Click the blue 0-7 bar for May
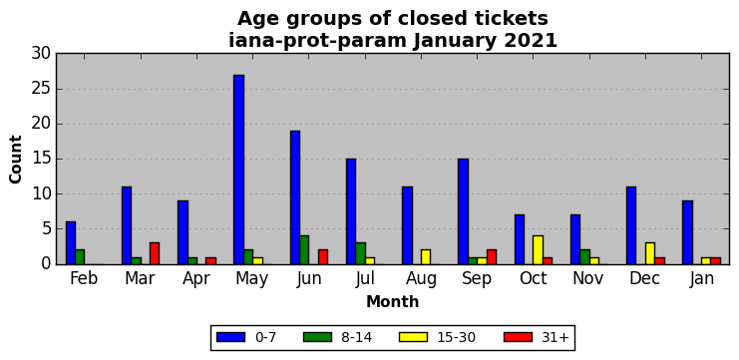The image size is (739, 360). [x=239, y=170]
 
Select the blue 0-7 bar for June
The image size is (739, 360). [x=295, y=197]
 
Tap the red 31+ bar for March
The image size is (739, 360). [x=155, y=253]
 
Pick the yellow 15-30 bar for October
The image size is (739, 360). [x=538, y=249]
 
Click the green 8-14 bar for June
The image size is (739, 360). [x=304, y=249]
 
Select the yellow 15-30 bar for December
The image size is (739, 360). [x=650, y=253]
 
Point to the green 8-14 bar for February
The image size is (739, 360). [x=80, y=257]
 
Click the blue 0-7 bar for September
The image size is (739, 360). [x=464, y=211]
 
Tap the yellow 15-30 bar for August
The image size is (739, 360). [x=426, y=257]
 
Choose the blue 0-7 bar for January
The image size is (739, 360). [x=687, y=232]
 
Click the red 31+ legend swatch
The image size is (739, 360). [x=518, y=337]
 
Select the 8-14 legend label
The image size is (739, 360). [x=357, y=337]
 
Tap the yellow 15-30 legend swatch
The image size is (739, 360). [x=413, y=337]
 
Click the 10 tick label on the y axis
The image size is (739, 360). [x=42, y=194]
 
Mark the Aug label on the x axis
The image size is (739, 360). [x=421, y=279]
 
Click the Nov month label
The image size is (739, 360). [x=588, y=278]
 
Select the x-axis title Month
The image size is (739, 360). [x=393, y=301]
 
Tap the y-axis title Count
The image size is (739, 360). [x=16, y=160]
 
